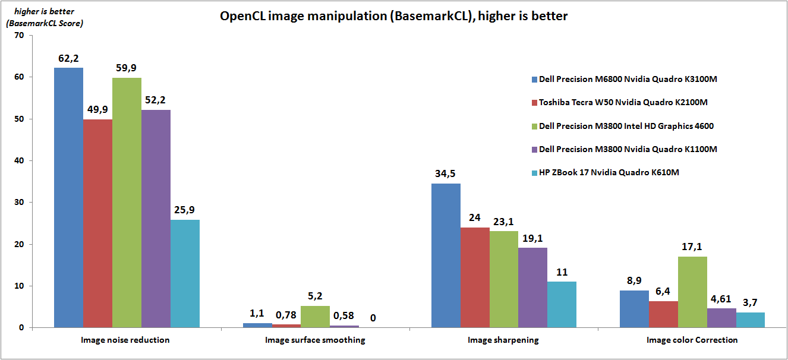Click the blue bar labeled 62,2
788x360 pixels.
[68, 197]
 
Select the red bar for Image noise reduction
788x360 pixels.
[97, 223]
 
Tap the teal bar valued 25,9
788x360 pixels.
[185, 273]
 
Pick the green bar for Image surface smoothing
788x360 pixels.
[315, 317]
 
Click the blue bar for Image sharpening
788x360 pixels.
[446, 255]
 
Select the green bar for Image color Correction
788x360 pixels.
[692, 292]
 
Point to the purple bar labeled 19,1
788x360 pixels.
[532, 288]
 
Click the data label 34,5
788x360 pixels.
[446, 174]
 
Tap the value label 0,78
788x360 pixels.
[286, 315]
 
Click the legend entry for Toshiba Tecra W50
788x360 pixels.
[623, 102]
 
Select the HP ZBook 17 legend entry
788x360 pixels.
[609, 172]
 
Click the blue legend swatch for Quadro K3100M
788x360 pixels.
[534, 79]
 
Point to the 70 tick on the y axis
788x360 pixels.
[19, 36]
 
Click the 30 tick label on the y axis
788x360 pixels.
[19, 203]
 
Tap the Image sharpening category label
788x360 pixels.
[503, 340]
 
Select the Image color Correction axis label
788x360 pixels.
[692, 340]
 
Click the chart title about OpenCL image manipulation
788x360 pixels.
[393, 16]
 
